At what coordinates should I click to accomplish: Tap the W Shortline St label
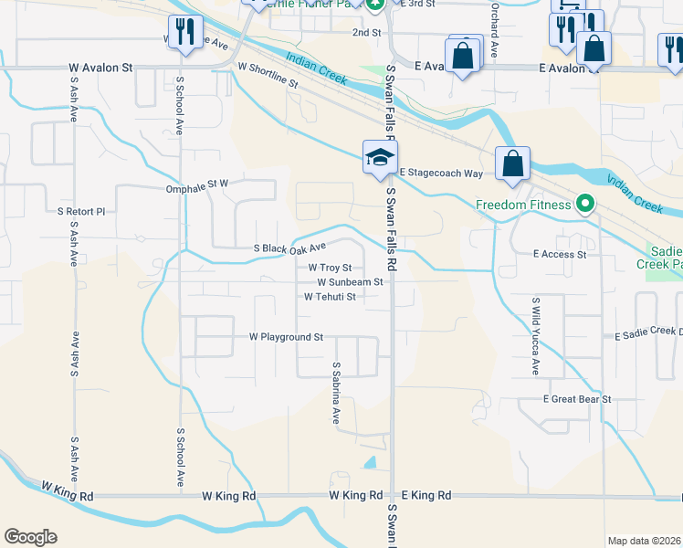(268, 76)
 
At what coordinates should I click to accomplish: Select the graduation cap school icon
(380, 157)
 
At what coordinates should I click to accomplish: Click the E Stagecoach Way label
(440, 173)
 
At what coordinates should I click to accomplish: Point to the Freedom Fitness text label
(523, 205)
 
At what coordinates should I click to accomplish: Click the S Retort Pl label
(81, 211)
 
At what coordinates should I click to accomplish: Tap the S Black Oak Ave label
(289, 248)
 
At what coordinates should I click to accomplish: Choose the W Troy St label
(330, 268)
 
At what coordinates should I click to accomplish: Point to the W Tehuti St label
(330, 297)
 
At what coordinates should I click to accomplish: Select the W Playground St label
(287, 337)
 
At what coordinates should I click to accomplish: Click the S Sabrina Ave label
(336, 394)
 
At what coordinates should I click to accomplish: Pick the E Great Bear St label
(576, 399)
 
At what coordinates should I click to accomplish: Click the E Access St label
(560, 254)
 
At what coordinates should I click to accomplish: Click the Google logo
(30, 537)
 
